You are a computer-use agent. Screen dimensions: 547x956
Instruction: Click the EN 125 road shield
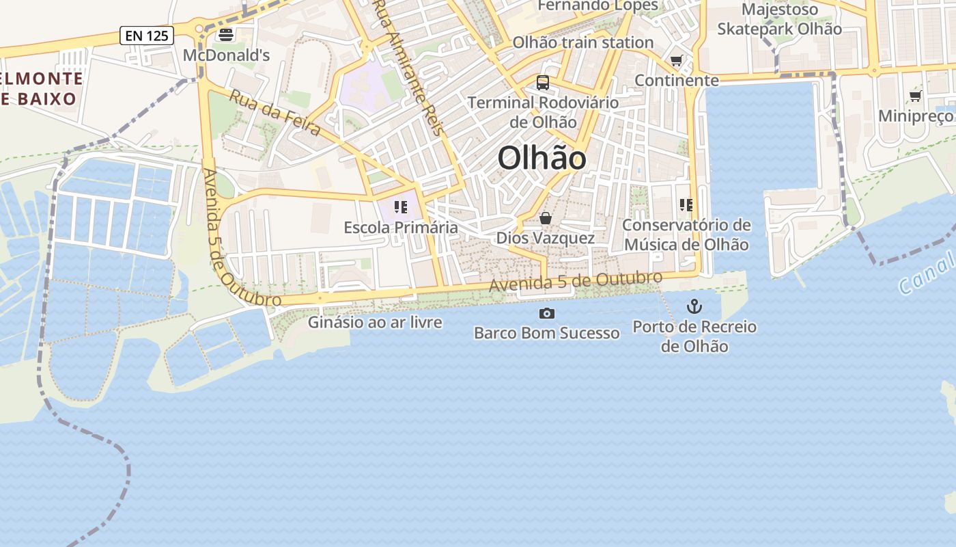coord(146,36)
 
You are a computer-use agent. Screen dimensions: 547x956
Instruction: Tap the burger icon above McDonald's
coord(226,35)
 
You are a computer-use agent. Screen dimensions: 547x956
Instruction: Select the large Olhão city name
coord(542,159)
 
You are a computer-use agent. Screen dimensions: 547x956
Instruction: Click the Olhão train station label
coord(582,42)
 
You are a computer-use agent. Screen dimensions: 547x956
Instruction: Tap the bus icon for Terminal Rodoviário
coord(543,83)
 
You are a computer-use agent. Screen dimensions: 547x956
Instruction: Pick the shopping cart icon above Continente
coord(676,61)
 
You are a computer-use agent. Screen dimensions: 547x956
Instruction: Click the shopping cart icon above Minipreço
coord(915,96)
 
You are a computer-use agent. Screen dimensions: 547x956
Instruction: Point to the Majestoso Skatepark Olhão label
coord(779,19)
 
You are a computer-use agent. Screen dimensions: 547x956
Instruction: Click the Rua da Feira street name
coord(275,113)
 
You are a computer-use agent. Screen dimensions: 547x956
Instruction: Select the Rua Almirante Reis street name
coord(410,68)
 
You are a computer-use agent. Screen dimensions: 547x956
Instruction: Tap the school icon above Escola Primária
coord(400,206)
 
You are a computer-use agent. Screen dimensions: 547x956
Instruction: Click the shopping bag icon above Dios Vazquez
coord(545,218)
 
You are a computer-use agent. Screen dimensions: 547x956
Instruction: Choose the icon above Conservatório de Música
coord(686,204)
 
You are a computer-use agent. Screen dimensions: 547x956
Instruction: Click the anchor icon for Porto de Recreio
coord(694,306)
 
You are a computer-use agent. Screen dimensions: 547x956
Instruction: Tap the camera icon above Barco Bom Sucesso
coord(546,313)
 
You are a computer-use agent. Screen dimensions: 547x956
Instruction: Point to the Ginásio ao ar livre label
coord(375,322)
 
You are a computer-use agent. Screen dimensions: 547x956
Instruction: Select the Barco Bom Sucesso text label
coord(546,333)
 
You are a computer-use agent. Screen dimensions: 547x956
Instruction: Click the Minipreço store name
coord(915,116)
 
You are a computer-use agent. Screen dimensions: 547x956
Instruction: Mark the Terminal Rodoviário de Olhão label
coord(543,112)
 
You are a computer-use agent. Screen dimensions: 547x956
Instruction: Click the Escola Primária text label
coord(401,227)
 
